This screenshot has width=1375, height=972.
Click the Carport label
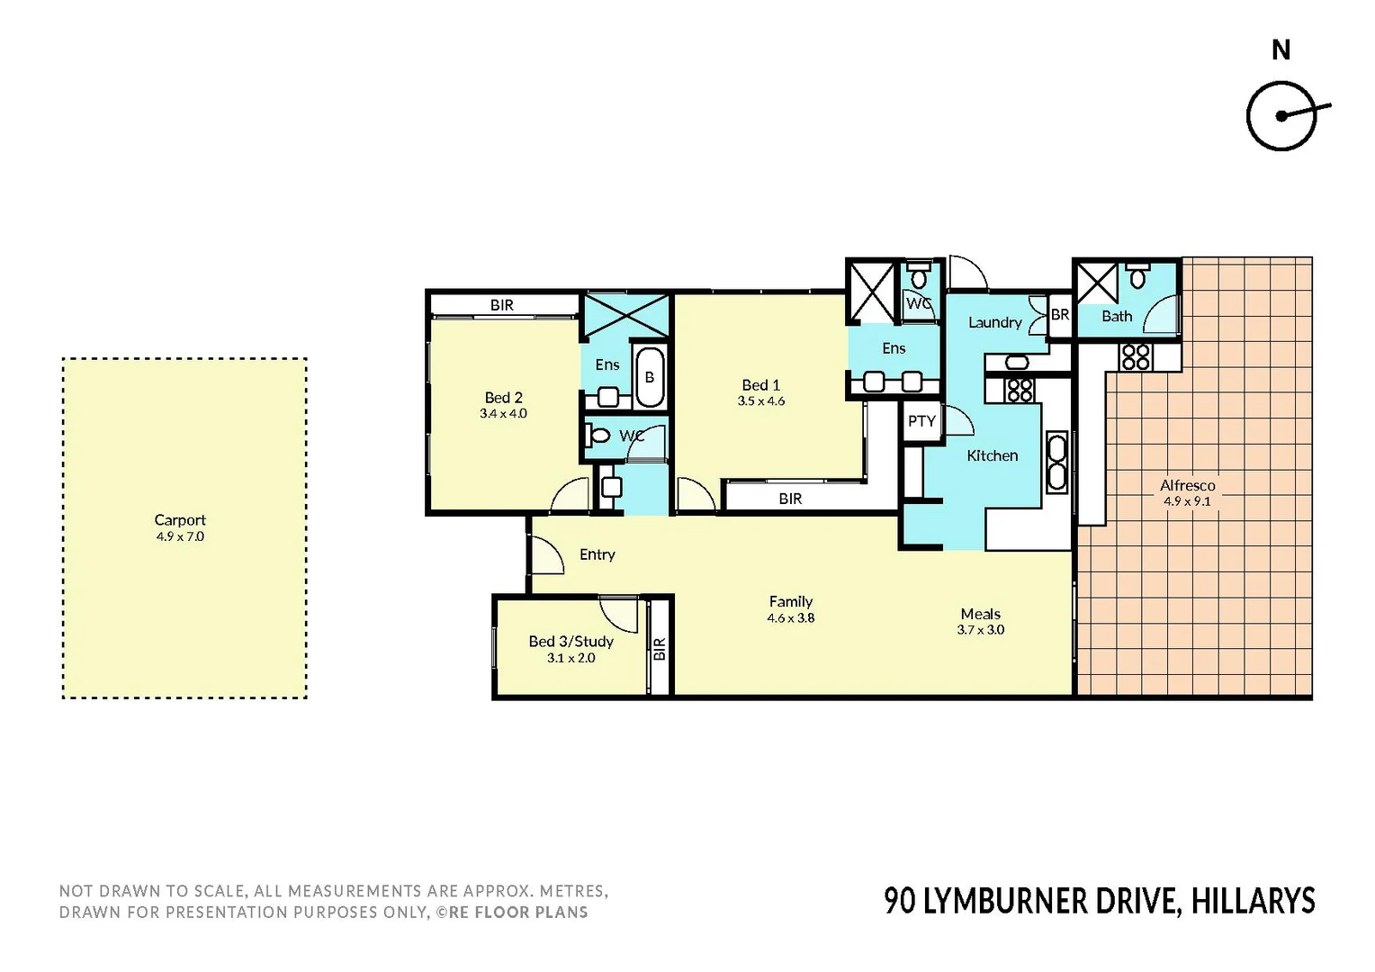tap(180, 520)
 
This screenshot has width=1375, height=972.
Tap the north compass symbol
tap(1281, 116)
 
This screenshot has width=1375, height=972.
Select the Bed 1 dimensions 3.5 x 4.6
tap(761, 401)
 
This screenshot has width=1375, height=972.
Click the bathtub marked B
tap(649, 377)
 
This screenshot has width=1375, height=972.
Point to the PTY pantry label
tap(921, 421)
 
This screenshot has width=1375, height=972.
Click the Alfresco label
tap(1187, 485)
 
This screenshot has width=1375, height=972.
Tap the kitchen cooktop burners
tap(1020, 390)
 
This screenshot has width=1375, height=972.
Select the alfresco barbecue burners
tap(1136, 357)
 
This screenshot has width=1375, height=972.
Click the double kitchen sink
tap(1056, 463)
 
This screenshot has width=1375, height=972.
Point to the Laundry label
tap(994, 322)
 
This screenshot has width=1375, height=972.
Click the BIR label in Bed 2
tap(502, 306)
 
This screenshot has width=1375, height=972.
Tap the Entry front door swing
tap(546, 555)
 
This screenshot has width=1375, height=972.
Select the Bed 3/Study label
tap(571, 642)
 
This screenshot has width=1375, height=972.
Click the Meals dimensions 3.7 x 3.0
tap(980, 630)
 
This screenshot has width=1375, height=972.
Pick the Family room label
tap(790, 601)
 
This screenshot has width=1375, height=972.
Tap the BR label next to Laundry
tap(1060, 315)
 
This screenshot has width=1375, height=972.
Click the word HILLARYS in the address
tap(1253, 901)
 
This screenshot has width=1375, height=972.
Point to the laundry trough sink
tap(1017, 363)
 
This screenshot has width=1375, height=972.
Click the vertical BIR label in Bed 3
tap(660, 649)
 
